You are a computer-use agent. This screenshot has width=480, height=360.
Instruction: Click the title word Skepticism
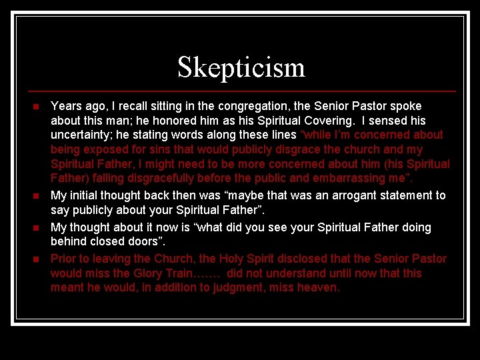pos(241,67)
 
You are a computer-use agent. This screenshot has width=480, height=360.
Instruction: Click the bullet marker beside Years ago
pos(37,107)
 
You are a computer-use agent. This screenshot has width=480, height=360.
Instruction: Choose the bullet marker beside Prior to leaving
pos(37,259)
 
